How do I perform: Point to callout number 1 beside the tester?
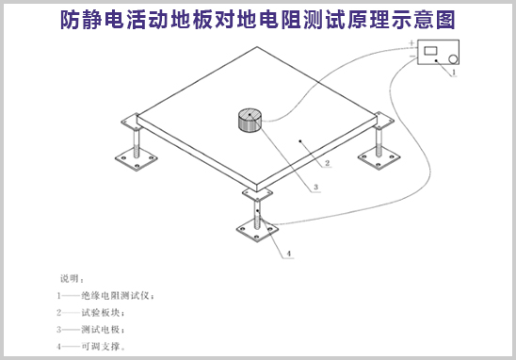[455, 74]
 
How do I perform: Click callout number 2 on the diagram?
[326, 163]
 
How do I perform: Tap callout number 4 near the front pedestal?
[288, 254]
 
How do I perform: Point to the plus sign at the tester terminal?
[411, 45]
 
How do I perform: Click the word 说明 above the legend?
[71, 279]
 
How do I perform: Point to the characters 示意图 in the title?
[429, 17]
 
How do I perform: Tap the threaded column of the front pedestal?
[261, 209]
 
